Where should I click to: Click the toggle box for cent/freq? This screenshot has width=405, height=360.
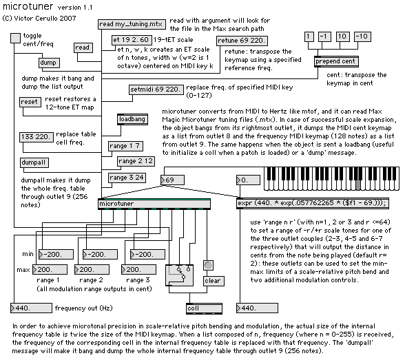pyautogui.click(x=15, y=38)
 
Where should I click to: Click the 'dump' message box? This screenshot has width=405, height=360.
pyautogui.click(x=50, y=63)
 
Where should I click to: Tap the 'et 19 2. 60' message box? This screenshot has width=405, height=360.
pyautogui.click(x=132, y=40)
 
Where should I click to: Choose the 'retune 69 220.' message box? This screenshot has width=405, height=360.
pyautogui.click(x=242, y=41)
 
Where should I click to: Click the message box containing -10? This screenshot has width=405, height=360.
pyautogui.click(x=362, y=36)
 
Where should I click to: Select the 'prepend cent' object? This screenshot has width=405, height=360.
pyautogui.click(x=336, y=62)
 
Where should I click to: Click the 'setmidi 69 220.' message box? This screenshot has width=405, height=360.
pyautogui.click(x=156, y=89)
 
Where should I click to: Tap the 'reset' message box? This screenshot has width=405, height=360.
pyautogui.click(x=30, y=102)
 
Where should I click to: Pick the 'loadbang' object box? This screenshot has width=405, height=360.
pyautogui.click(x=132, y=120)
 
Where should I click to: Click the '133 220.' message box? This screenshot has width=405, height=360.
pyautogui.click(x=37, y=137)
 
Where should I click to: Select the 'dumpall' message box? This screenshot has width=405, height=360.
pyautogui.click(x=34, y=163)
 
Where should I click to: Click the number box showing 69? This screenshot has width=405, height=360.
pyautogui.click(x=172, y=180)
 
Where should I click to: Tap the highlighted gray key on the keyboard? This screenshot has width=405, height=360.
pyautogui.click(x=358, y=185)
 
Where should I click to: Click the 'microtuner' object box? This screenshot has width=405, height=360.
pyautogui.click(x=154, y=204)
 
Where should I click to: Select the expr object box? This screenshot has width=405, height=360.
pyautogui.click(x=313, y=203)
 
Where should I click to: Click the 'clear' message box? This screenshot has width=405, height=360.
pyautogui.click(x=214, y=281)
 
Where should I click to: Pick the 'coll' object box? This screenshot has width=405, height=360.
pyautogui.click(x=204, y=308)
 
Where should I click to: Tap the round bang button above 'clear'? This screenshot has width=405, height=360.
pyautogui.click(x=208, y=265)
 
